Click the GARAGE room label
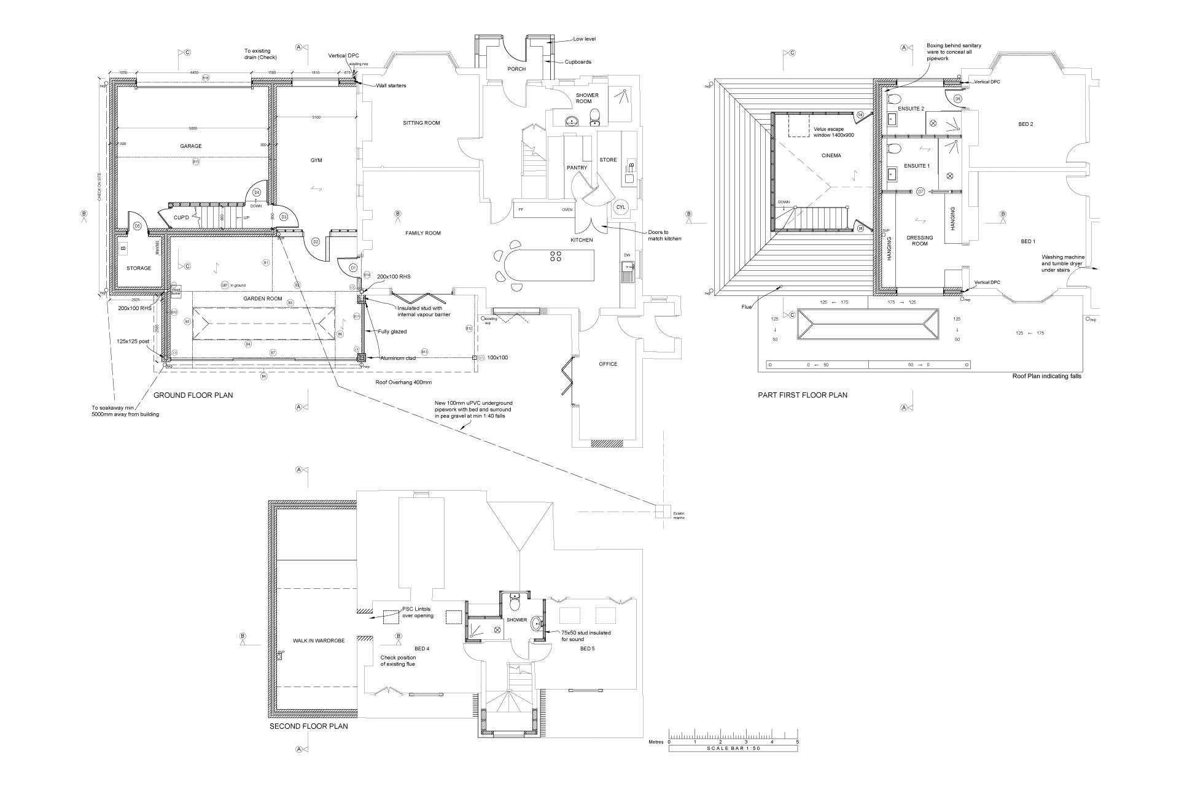191,146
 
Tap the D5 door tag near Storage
138,226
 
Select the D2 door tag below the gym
316,242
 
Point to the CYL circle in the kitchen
621,208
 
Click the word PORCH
516,69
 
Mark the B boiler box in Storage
123,249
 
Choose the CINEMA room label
831,156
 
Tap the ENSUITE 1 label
917,166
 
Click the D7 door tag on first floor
920,192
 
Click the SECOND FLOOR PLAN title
309,726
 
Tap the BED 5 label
587,648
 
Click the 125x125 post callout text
133,341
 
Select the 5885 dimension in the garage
193,128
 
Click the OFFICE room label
608,364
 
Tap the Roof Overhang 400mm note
403,381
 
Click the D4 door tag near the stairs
257,192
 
